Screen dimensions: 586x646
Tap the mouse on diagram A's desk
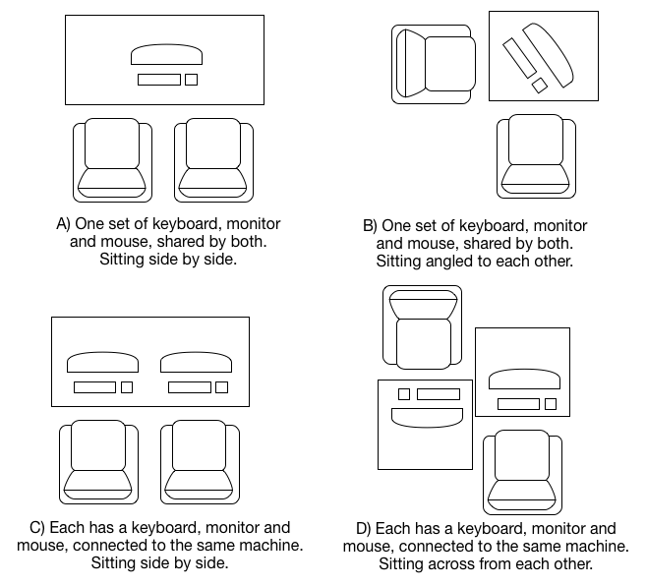pos(191,80)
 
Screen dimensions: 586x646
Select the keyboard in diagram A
pos(158,80)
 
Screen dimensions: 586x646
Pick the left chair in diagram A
pos(113,159)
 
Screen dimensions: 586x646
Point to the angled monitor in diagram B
pos(550,55)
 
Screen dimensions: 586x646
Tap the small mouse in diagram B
pos(539,86)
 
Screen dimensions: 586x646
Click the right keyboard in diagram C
pos(189,387)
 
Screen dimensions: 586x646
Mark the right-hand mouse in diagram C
pos(221,387)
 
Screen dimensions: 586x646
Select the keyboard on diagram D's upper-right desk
pos(518,403)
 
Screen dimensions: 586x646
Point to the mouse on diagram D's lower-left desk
pos(403,394)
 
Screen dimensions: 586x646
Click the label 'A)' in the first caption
pos(65,224)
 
